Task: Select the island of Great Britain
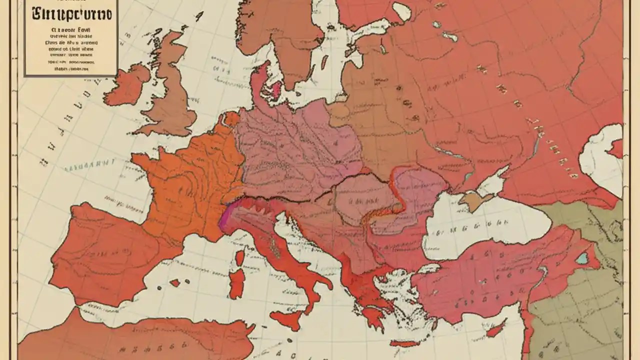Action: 172,95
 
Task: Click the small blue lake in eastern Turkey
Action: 581,258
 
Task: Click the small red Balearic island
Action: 175,283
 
